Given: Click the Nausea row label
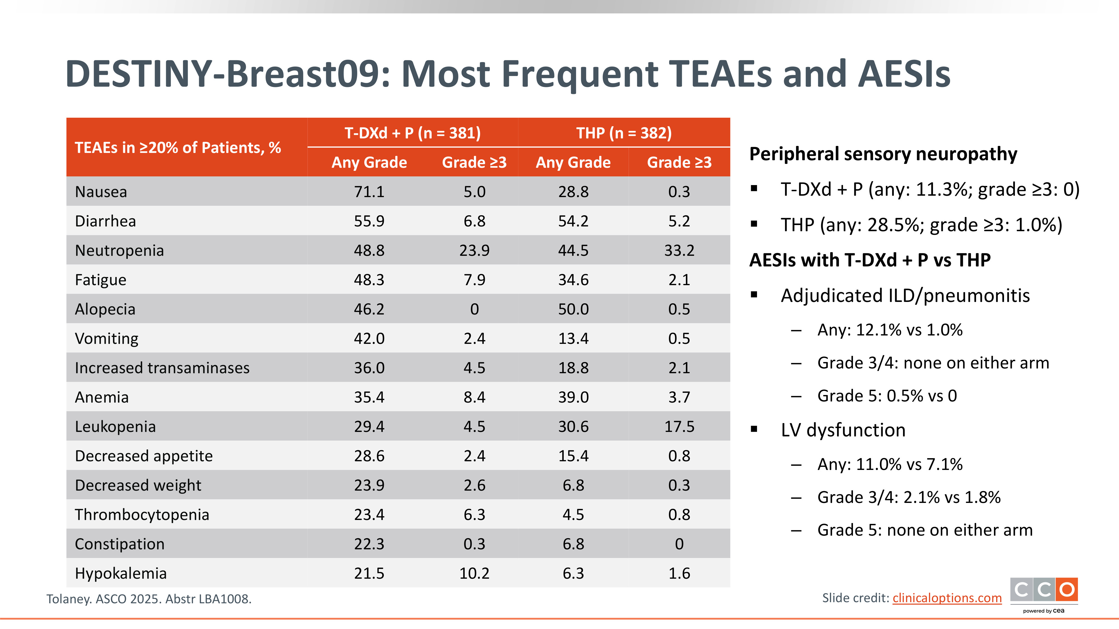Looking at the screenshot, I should (101, 192).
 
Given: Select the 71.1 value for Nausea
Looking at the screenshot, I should (369, 192).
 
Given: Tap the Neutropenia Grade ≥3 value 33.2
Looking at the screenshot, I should (679, 250).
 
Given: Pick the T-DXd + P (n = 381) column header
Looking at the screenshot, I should (412, 133).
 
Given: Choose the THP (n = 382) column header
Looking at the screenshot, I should (624, 133).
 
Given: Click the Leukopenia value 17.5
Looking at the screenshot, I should (679, 427).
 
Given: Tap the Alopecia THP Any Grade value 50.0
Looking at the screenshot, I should (573, 309).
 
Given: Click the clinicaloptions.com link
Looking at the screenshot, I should (947, 598).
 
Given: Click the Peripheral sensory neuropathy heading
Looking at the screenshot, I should (883, 154).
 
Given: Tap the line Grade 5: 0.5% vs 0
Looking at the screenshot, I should (887, 396).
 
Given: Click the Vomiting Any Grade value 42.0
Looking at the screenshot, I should (369, 339).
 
